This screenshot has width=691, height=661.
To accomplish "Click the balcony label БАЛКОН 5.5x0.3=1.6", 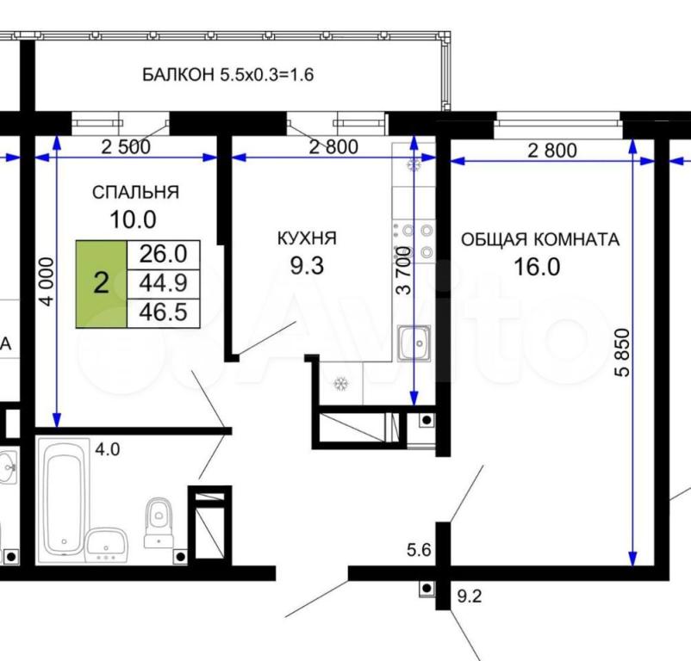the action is point(227,75).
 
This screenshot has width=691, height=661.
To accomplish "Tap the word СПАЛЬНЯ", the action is point(136,192).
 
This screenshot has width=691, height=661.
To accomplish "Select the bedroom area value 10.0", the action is point(133,219).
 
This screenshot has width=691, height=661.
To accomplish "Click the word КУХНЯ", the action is point(307,238).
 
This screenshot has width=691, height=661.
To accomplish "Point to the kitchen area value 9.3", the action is point(308,265).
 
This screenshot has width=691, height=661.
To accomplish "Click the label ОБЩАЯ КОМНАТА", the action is point(540,240).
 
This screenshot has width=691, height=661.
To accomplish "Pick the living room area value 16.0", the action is point(537,267).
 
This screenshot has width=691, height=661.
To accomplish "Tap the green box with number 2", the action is point(102,284).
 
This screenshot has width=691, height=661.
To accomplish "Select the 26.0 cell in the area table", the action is point(164,255).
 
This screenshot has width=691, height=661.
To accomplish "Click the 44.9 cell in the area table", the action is point(164,283).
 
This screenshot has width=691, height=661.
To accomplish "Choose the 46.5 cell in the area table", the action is point(164,313).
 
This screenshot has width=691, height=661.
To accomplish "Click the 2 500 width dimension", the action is point(126,146).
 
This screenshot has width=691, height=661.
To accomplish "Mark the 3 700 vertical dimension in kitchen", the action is point(404,270).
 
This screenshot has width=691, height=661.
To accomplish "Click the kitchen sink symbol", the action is point(414,343).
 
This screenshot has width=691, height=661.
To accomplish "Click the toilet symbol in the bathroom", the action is point(159,522).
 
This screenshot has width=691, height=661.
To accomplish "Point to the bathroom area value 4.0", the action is point(108,450).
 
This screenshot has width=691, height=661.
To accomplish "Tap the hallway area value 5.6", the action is point(419,550).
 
